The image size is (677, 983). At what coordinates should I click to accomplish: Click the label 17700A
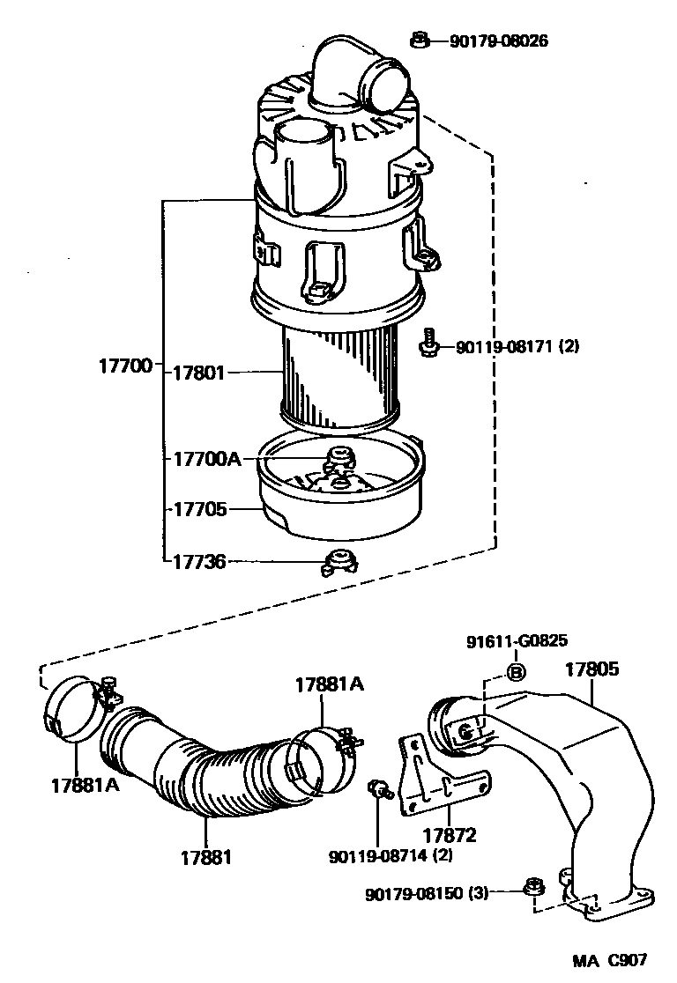[206, 459]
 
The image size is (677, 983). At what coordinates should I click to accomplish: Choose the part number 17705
[198, 509]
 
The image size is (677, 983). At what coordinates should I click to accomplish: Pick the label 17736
[198, 561]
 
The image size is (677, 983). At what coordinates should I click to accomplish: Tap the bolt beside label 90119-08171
[429, 343]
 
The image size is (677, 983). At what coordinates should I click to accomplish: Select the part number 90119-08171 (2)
[517, 347]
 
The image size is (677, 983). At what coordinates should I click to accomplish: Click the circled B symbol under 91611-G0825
[517, 675]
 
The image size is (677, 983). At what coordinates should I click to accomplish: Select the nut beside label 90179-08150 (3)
[532, 888]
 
